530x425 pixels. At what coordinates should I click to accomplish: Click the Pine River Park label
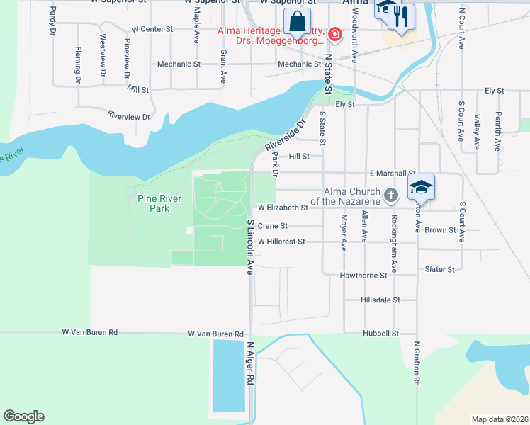tap(154, 204)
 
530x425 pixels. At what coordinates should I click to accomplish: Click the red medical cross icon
tap(334, 33)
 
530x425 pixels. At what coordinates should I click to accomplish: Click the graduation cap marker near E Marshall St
tap(421, 187)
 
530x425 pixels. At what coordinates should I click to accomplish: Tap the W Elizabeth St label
tap(283, 208)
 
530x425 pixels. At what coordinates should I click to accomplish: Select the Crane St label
tap(272, 226)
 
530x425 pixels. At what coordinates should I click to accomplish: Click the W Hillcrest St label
tap(281, 242)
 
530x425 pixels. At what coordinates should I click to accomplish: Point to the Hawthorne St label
tap(363, 275)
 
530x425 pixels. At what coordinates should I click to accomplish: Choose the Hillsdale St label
tap(380, 300)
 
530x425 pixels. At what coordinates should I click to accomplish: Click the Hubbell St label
tap(380, 333)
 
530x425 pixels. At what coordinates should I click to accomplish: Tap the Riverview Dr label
tap(128, 116)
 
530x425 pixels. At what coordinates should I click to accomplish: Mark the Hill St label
tap(300, 157)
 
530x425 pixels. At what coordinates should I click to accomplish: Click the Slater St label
tap(439, 269)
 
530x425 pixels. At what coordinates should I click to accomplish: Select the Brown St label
tap(440, 230)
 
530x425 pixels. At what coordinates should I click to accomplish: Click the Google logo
tap(23, 416)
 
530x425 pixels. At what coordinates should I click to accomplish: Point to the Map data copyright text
tap(499, 419)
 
